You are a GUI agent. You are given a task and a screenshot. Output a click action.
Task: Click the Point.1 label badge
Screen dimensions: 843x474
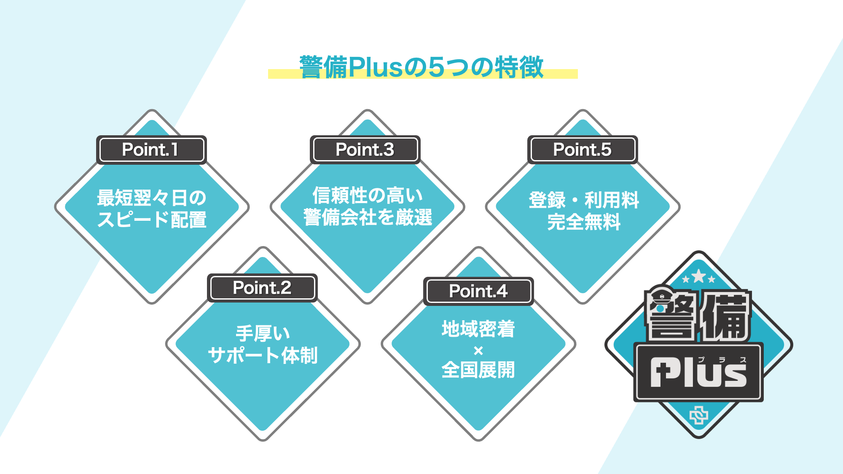(151, 150)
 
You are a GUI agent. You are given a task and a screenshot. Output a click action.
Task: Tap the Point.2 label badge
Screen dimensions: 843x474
(262, 288)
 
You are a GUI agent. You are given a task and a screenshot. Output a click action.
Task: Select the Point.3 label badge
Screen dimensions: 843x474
(365, 150)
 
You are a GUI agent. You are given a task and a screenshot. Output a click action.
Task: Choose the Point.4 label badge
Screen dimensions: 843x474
(478, 291)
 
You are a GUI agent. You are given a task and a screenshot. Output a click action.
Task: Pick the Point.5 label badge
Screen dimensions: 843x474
(582, 150)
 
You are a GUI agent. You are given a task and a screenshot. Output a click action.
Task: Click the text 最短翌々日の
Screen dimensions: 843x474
(151, 198)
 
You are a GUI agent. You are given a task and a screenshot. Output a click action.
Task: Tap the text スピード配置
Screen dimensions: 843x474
(152, 220)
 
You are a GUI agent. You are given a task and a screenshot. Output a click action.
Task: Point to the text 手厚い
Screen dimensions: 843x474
(263, 334)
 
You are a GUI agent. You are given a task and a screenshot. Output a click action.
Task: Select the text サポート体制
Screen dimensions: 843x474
(263, 355)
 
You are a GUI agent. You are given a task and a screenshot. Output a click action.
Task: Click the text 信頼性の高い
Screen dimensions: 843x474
(368, 195)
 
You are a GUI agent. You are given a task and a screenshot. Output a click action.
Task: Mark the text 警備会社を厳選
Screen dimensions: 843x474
(368, 217)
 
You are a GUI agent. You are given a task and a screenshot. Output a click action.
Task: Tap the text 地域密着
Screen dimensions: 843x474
(478, 329)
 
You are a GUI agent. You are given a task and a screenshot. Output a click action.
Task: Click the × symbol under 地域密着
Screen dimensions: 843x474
(478, 351)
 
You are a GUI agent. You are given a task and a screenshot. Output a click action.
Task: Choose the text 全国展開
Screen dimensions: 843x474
(478, 370)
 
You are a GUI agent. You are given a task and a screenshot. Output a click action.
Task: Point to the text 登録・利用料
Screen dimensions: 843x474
(584, 200)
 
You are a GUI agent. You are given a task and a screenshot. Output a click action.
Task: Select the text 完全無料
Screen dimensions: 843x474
(584, 222)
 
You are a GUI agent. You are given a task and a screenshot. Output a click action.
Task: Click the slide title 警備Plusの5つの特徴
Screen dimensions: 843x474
(421, 67)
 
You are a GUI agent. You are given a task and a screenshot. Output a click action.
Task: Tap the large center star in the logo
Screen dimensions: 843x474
(698, 276)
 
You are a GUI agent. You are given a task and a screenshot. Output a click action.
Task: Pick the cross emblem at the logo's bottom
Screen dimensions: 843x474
(699, 416)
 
